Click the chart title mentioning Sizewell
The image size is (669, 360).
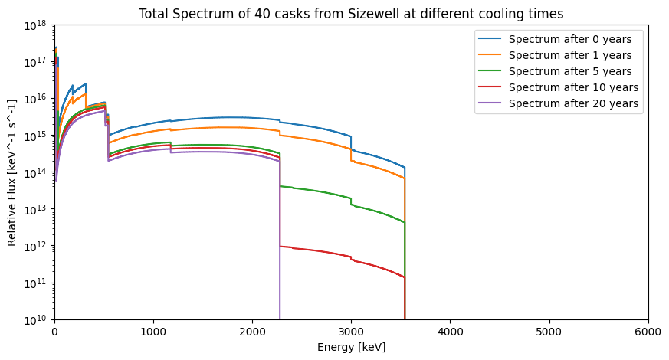(350, 14)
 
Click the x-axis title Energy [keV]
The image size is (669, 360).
(351, 347)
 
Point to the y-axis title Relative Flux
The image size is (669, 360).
(12, 172)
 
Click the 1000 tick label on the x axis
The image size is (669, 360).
(153, 332)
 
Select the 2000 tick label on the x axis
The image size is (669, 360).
(252, 332)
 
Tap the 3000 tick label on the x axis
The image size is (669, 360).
(351, 332)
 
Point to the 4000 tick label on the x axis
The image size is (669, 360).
(450, 332)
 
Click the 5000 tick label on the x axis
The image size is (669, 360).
(549, 332)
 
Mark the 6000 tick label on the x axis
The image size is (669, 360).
(648, 332)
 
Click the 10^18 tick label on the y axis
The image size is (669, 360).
(35, 25)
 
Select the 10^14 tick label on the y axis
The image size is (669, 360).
(35, 172)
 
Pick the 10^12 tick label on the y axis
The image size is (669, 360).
(35, 246)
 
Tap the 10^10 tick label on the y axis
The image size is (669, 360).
(35, 319)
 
